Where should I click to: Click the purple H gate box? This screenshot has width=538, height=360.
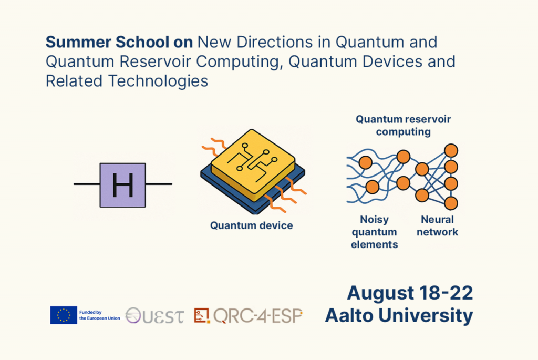[x=122, y=185]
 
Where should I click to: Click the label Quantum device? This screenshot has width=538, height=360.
[x=252, y=225]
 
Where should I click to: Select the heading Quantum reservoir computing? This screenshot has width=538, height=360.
[x=403, y=125]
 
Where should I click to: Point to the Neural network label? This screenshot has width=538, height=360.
[x=437, y=225]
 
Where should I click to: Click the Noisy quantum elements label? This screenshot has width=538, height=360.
[x=374, y=232]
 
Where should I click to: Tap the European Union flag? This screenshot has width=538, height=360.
[x=64, y=315]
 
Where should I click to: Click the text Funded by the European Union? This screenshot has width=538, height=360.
[x=99, y=315]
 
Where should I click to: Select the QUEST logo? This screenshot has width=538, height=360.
[x=154, y=316]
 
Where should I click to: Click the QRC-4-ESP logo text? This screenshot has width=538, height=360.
[x=258, y=316]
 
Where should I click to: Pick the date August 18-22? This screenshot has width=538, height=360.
[x=410, y=293]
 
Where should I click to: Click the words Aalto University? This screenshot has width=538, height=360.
[x=399, y=315]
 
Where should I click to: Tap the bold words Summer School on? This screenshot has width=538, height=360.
[x=119, y=42]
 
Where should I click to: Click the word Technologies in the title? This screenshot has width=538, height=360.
[x=158, y=81]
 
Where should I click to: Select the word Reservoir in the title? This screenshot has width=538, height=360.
[x=156, y=62]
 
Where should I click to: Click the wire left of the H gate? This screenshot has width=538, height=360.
[x=87, y=184]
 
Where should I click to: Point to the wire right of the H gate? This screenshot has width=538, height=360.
[x=159, y=184]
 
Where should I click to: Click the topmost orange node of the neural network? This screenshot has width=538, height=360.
[x=451, y=151]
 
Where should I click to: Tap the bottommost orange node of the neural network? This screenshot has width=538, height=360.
[x=451, y=203]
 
